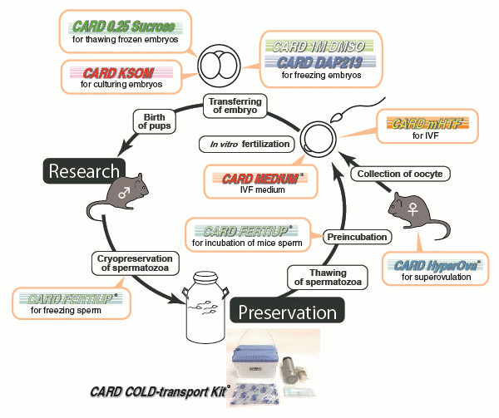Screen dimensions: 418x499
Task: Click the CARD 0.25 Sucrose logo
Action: point(122,26)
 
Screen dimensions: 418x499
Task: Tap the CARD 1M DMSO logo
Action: point(318,47)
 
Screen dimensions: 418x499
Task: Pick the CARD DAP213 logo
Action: point(318,61)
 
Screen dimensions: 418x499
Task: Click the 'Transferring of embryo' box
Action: point(235,106)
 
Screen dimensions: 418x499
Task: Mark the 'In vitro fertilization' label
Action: point(245,145)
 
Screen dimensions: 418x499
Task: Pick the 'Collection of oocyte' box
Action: point(389,174)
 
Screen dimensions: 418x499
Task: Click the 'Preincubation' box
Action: point(356,237)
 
